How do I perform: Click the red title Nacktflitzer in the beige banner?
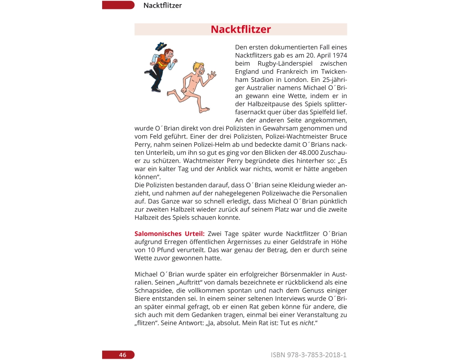click(x=241, y=30)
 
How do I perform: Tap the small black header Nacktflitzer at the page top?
click(x=162, y=5)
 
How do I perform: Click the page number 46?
click(x=122, y=355)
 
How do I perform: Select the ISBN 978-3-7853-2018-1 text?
click(x=309, y=355)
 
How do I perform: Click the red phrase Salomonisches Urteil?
click(x=170, y=234)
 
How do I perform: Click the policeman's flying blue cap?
click(x=161, y=46)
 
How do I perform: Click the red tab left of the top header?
click(x=118, y=5)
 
